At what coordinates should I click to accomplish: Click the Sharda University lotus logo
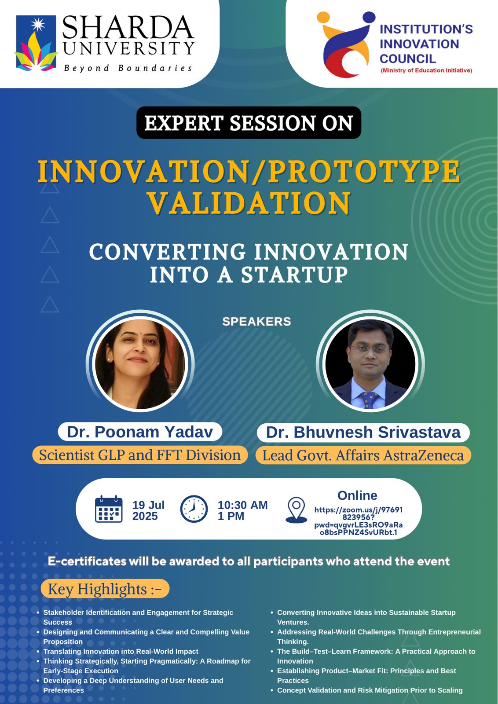(36, 43)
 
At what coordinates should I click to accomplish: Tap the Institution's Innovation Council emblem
(346, 44)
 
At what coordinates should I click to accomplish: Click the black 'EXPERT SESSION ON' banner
(249, 123)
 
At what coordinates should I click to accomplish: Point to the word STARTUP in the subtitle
(294, 275)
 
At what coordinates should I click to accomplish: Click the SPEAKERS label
(256, 322)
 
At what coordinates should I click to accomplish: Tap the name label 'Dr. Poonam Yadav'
(140, 432)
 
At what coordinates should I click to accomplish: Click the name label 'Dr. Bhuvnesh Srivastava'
(363, 432)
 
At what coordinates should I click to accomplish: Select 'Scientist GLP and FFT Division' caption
(140, 455)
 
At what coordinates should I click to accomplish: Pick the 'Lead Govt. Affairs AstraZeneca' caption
(363, 455)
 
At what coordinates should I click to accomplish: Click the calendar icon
(108, 509)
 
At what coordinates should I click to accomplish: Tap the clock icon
(194, 509)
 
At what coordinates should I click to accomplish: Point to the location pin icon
(296, 510)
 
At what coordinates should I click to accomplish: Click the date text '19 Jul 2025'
(148, 510)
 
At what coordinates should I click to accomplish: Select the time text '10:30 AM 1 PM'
(242, 510)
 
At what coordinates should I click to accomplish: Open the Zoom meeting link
(358, 521)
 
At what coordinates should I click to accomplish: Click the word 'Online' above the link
(357, 495)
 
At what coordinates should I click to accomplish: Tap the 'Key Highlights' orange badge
(105, 589)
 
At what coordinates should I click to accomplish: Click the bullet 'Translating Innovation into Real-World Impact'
(121, 651)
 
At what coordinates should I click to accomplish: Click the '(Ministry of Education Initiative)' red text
(426, 70)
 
